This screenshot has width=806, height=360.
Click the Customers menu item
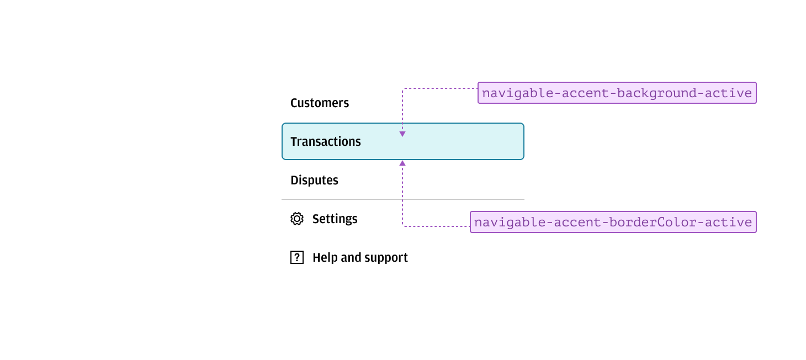tap(320, 103)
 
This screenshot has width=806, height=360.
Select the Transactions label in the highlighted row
tap(326, 142)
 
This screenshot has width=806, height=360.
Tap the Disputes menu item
tap(314, 181)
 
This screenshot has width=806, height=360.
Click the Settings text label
tap(335, 219)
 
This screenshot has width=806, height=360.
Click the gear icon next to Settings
tap(297, 219)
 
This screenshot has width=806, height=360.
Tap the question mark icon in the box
tap(297, 257)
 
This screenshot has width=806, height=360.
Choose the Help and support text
tap(360, 258)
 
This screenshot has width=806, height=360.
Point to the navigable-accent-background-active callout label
tap(617, 93)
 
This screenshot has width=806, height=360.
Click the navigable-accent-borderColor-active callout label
tap(613, 222)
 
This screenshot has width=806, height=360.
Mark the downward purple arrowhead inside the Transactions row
tap(402, 134)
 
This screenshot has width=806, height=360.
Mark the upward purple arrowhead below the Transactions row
tap(402, 163)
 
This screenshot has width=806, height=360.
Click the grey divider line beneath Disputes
tap(402, 199)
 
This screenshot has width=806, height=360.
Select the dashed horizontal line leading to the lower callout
tap(436, 226)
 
